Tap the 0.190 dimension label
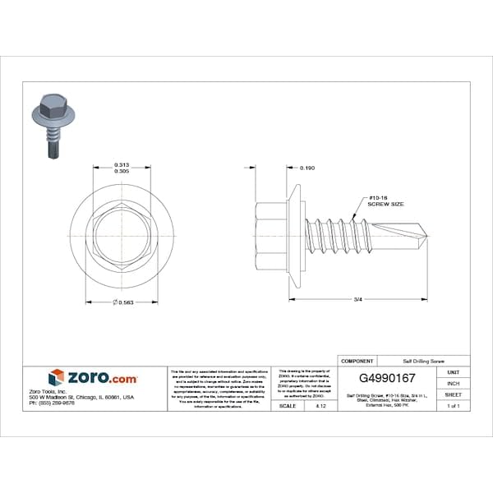tap(307, 168)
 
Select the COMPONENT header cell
tap(357, 361)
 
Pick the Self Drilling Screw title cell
tap(423, 361)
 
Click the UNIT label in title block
tap(453, 372)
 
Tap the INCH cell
tap(453, 383)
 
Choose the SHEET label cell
tap(453, 394)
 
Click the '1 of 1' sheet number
tap(453, 406)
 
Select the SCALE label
tap(288, 406)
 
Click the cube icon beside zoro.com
tap(56, 378)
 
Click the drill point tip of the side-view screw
tap(428, 237)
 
